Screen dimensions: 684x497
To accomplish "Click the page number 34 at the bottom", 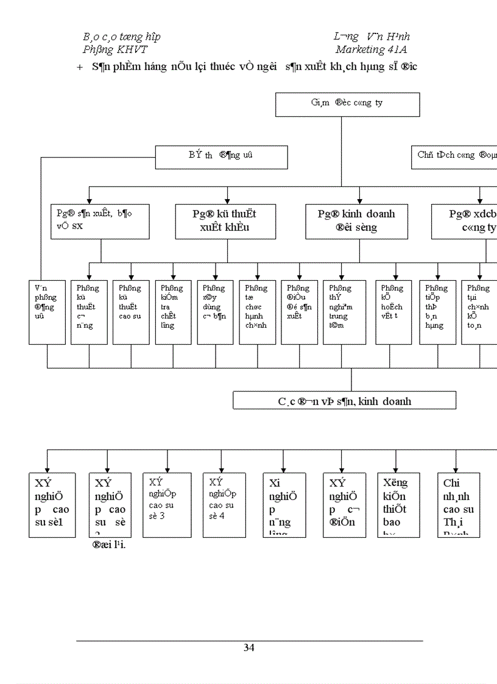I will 249,647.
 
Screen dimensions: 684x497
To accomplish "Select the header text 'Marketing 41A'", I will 372,49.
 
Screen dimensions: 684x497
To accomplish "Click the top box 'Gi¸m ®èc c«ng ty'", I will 347,104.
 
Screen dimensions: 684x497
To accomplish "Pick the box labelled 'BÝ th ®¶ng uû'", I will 221,157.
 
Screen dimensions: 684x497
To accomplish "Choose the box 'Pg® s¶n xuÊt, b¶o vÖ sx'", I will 100,221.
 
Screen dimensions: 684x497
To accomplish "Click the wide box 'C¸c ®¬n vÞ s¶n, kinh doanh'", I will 344,400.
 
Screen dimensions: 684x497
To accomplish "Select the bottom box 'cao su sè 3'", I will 161,504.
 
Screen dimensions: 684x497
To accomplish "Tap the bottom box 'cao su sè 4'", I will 224,504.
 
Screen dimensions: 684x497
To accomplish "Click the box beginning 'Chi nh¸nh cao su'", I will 459,504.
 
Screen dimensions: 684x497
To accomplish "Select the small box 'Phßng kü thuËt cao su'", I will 131,312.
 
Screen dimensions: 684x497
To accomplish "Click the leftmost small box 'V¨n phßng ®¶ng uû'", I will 46,312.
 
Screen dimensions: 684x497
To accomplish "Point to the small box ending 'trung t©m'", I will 344,312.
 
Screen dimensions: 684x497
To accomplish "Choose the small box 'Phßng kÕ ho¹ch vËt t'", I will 393,312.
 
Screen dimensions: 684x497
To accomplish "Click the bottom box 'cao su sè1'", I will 52,504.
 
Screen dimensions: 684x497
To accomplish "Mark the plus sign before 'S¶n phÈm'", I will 80,66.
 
